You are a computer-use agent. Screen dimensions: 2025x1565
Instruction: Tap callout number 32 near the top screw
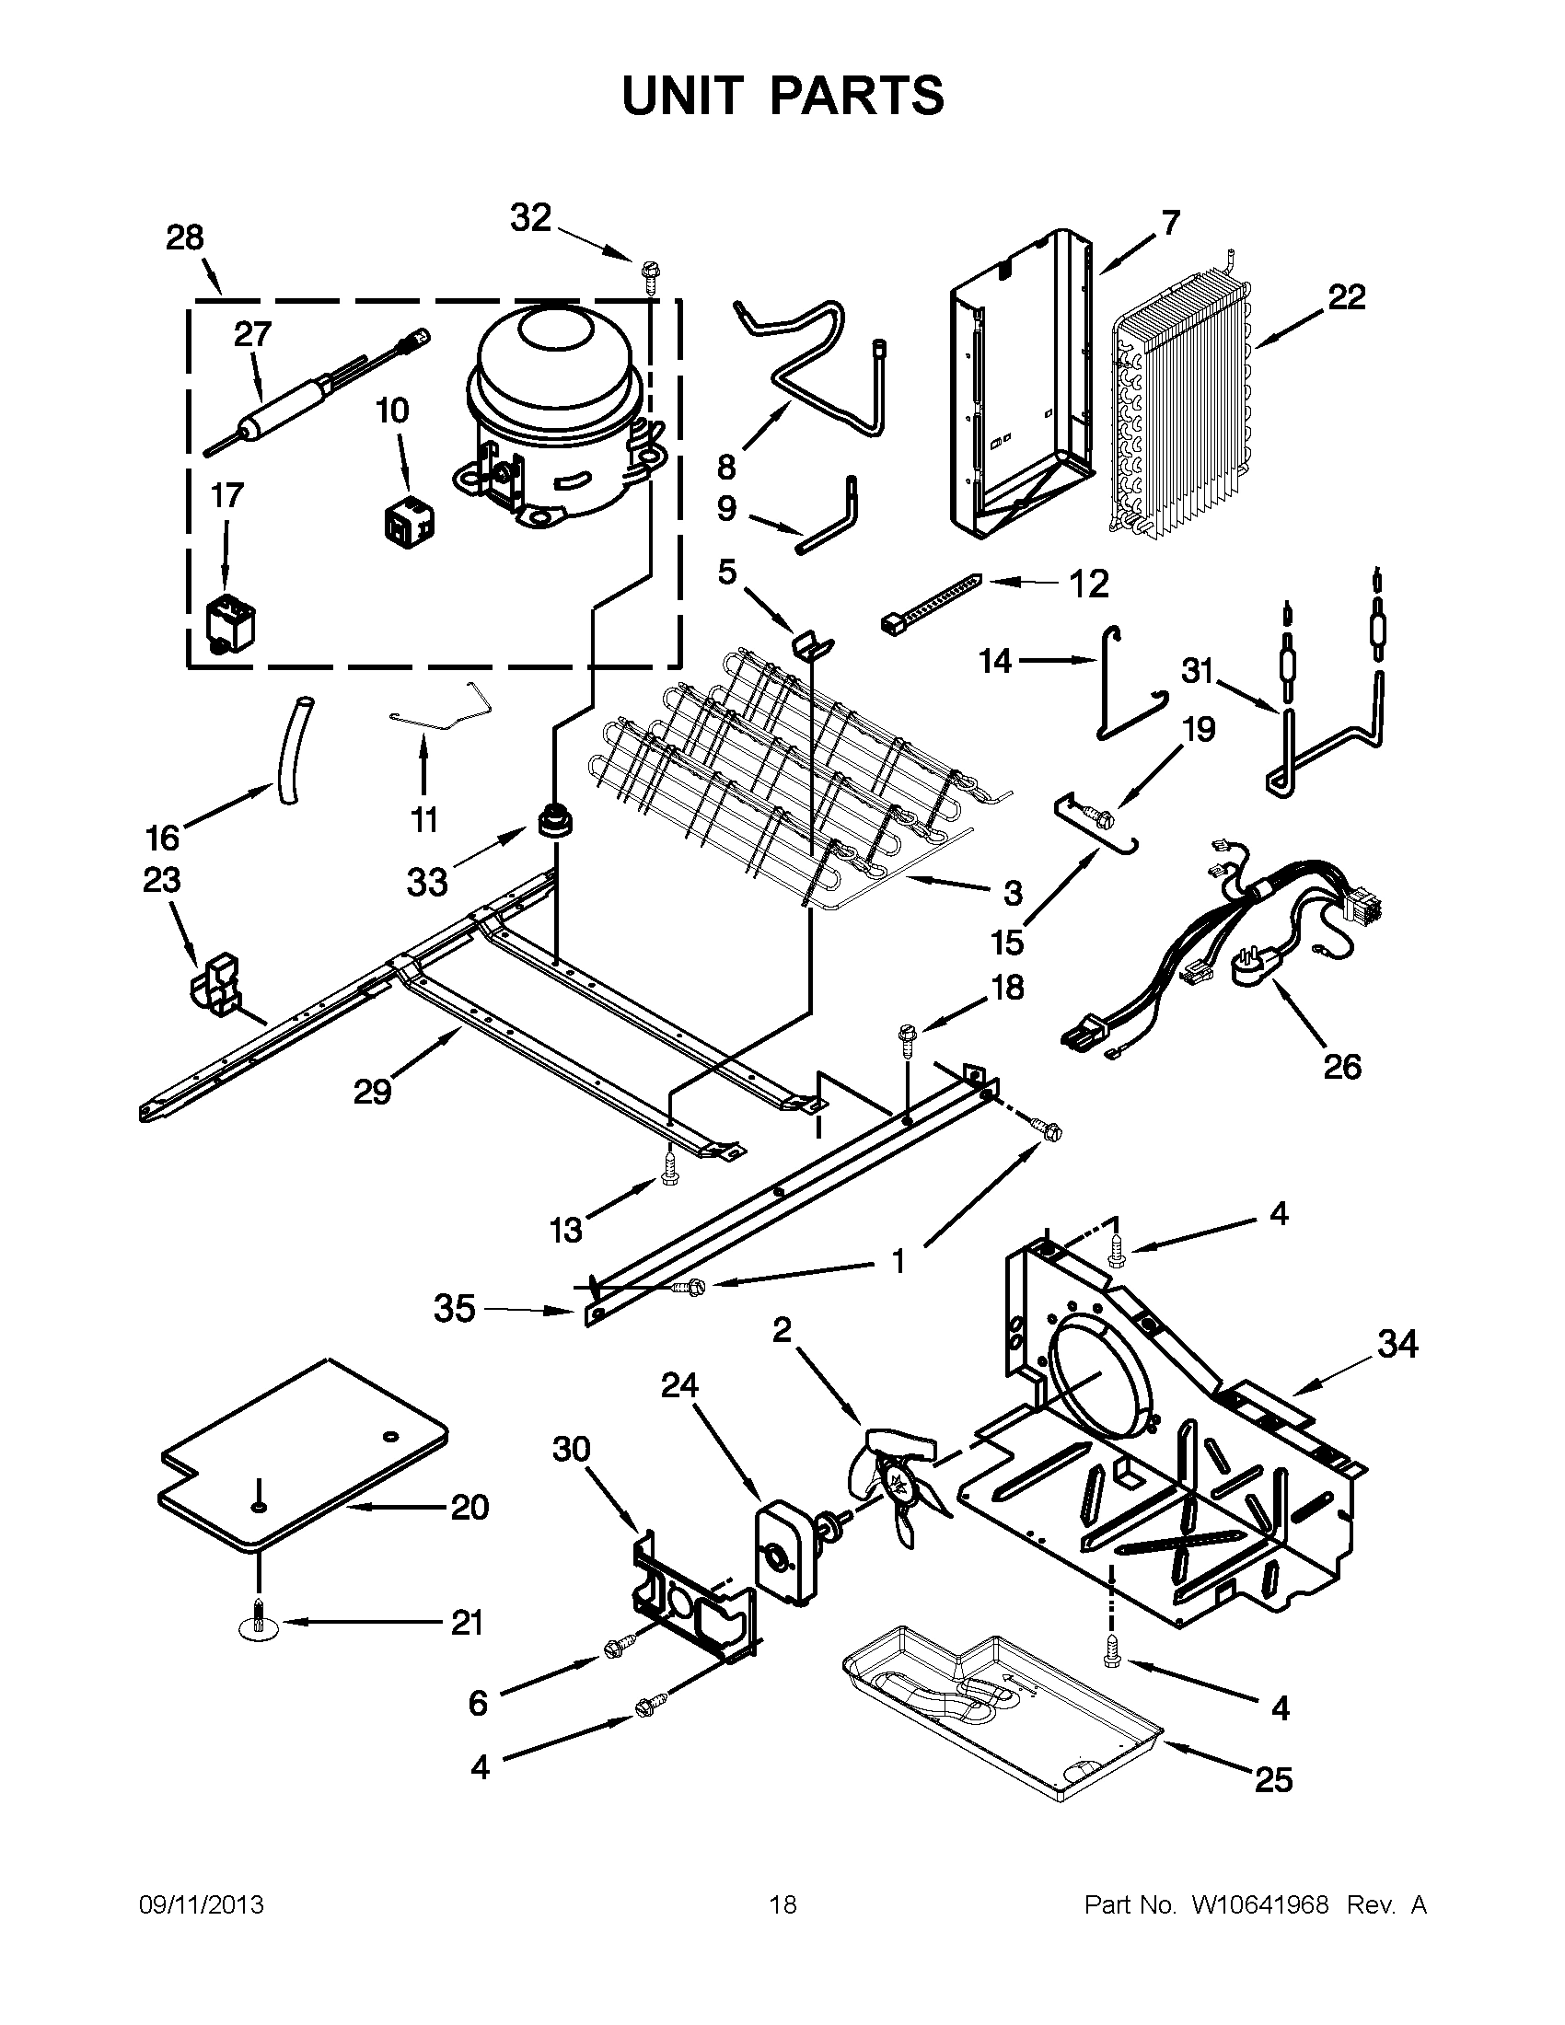[531, 218]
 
